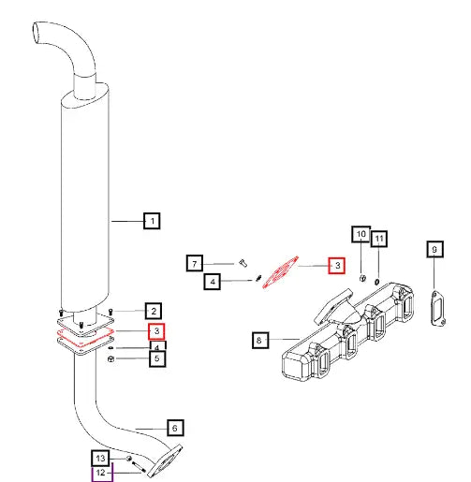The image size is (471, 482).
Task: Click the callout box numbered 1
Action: [150, 222]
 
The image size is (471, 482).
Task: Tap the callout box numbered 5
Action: [156, 357]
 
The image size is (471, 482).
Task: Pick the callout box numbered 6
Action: [173, 428]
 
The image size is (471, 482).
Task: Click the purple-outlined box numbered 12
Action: [100, 475]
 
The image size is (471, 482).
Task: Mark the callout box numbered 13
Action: [100, 458]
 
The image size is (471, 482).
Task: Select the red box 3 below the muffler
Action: [156, 330]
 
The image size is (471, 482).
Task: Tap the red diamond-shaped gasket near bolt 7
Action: [280, 273]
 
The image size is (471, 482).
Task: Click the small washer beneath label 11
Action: [376, 280]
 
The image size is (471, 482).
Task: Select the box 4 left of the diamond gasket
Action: [213, 280]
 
